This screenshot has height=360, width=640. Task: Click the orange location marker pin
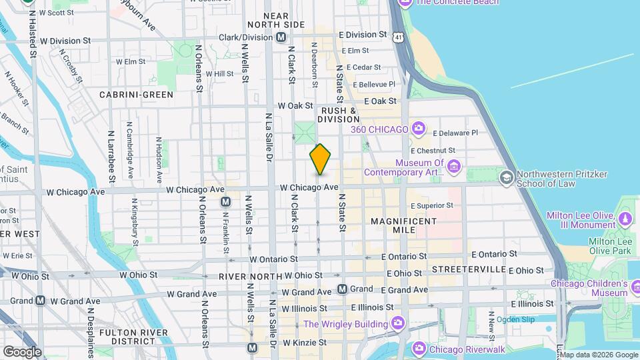pyautogui.click(x=320, y=159)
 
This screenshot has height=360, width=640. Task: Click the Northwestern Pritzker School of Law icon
pyautogui.click(x=507, y=177)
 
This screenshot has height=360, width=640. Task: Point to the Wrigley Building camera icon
pyautogui.click(x=398, y=323)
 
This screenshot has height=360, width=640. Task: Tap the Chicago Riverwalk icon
pyautogui.click(x=418, y=349)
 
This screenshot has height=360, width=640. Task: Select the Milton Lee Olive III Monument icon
pyautogui.click(x=625, y=219)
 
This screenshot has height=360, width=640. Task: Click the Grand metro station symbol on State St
pyautogui.click(x=342, y=289)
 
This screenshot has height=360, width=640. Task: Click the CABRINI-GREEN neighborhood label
pyautogui.click(x=136, y=95)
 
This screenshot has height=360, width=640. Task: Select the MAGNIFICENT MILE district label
pyautogui.click(x=403, y=225)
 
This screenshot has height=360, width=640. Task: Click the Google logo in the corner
pyautogui.click(x=22, y=351)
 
